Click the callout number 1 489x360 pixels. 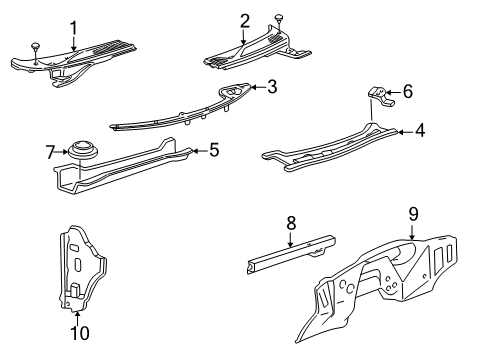[72, 25]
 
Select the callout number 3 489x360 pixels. [271, 87]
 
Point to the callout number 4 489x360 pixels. [419, 129]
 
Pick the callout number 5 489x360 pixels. [212, 151]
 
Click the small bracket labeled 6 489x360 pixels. [382, 97]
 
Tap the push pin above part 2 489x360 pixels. [278, 16]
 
